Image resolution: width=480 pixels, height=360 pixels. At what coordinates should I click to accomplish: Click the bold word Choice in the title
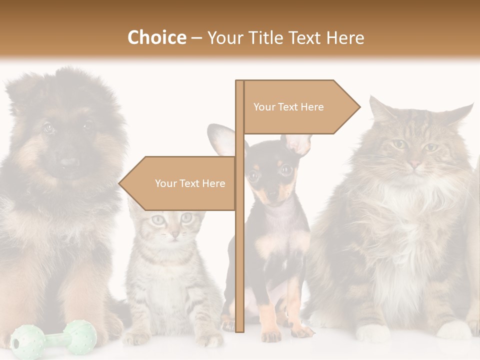click(x=156, y=37)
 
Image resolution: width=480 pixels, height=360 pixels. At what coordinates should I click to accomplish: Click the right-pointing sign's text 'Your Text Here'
click(x=288, y=107)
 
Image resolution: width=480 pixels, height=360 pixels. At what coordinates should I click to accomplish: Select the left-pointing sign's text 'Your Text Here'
click(x=190, y=183)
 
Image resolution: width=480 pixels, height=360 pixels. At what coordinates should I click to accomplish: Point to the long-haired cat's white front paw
click(x=372, y=332)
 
